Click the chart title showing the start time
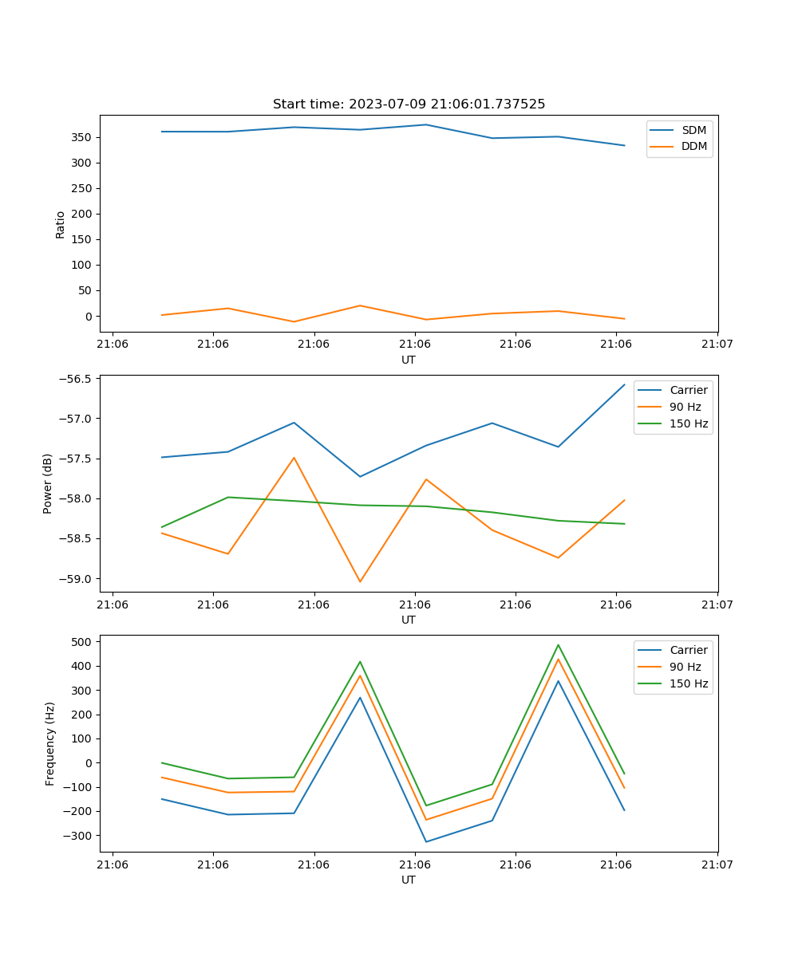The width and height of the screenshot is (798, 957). pos(409,104)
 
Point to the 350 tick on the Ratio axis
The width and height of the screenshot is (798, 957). pos(82,137)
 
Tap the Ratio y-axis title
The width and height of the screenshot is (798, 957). pos(60,224)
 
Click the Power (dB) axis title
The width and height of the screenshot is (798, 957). pos(48,483)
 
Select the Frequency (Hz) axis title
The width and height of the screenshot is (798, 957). pos(49,743)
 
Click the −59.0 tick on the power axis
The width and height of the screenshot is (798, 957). pos(73,579)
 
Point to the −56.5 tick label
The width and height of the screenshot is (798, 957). pos(73,379)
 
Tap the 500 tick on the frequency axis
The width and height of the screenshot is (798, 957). pos(83,641)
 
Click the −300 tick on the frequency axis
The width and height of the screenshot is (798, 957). pos(78,836)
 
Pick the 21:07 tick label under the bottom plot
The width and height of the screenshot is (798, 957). pos(717,864)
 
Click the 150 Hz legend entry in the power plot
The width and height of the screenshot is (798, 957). pos(689,423)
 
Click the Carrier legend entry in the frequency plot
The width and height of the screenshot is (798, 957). pos(686,650)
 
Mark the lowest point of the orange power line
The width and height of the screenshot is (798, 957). pos(360,581)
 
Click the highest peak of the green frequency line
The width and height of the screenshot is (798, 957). pos(558,644)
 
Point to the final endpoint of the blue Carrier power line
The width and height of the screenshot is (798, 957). pos(624,384)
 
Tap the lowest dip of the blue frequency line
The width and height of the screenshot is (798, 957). pos(426,841)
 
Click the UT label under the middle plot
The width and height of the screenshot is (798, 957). pos(409,620)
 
